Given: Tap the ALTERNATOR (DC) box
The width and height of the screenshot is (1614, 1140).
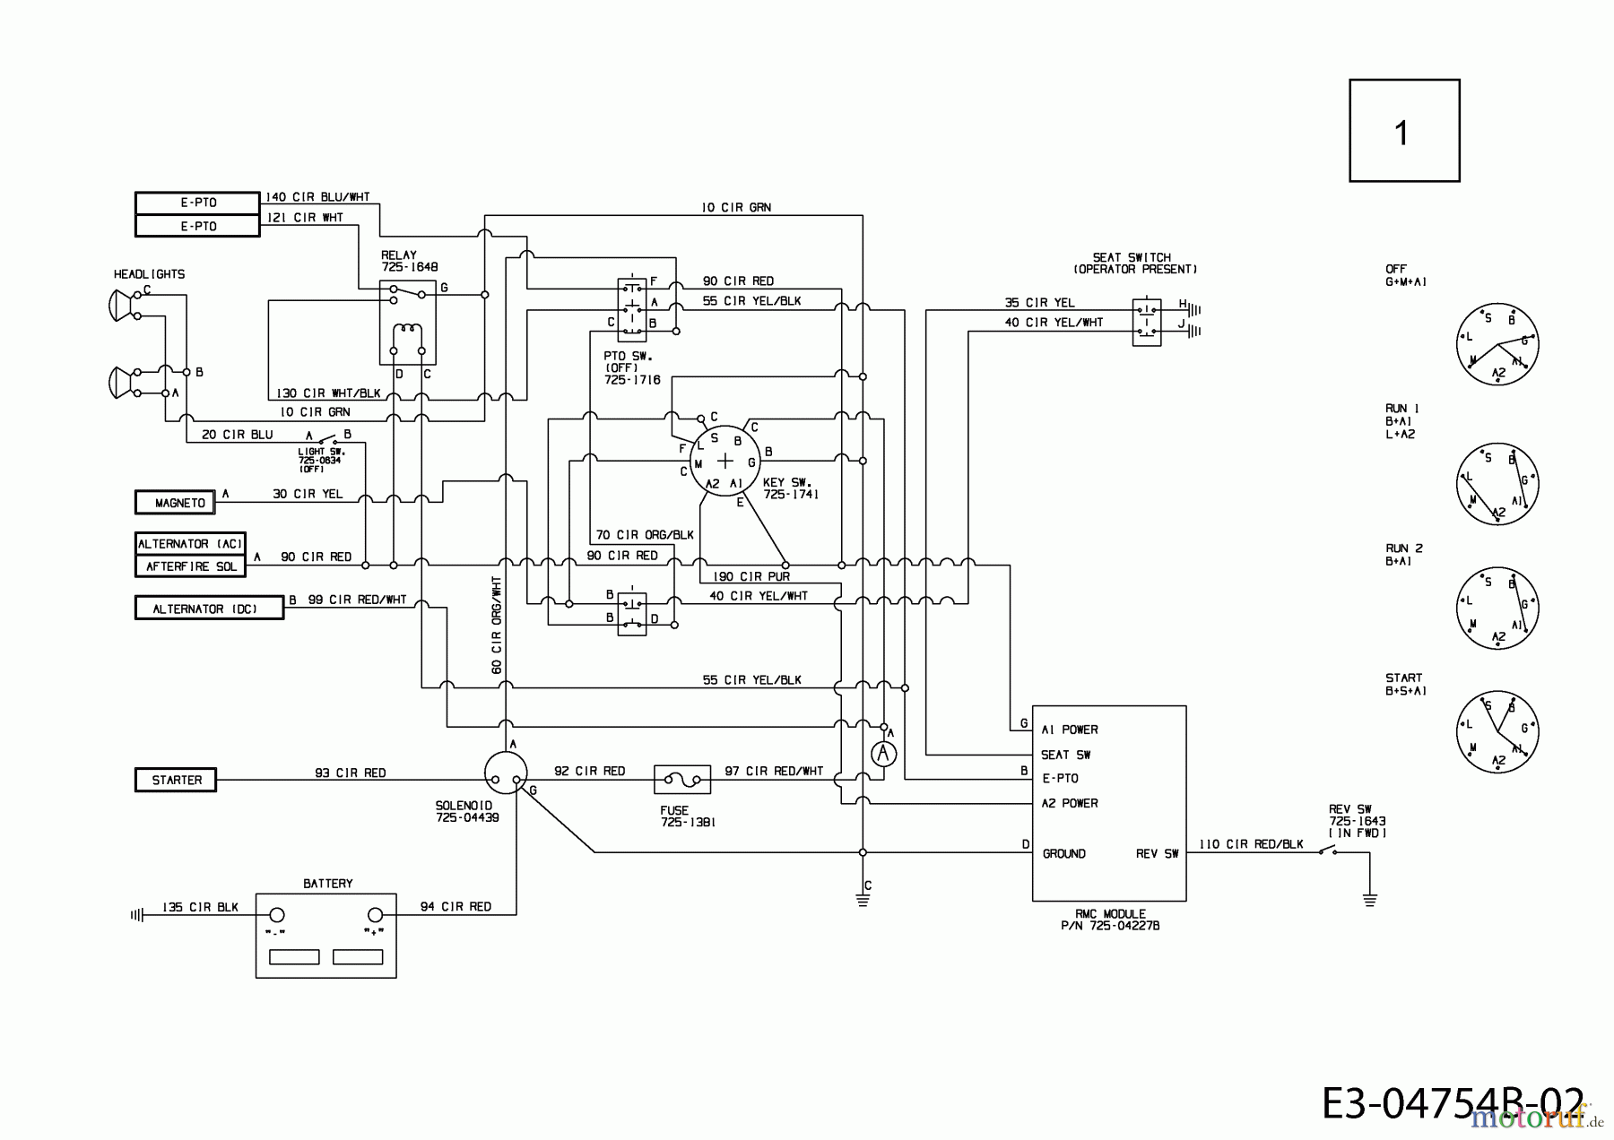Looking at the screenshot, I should click(208, 609).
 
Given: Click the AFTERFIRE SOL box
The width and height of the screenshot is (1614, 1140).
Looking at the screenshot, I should click(190, 566).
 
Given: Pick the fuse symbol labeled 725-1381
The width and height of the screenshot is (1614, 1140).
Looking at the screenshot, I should click(682, 780).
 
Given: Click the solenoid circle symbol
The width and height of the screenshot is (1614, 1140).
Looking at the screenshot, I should click(506, 773).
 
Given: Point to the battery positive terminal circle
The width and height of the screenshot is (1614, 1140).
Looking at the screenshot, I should click(376, 914).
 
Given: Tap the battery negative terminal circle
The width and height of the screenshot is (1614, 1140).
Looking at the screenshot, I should click(277, 914).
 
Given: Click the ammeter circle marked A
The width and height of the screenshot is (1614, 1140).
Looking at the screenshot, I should click(883, 754).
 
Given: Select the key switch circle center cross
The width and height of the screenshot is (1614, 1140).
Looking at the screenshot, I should click(725, 461).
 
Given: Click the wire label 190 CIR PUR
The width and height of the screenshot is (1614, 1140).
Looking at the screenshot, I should click(751, 576).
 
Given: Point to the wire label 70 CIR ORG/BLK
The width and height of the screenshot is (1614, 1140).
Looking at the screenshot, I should click(645, 535).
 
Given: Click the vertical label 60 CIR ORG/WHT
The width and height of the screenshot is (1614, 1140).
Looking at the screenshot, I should click(496, 625).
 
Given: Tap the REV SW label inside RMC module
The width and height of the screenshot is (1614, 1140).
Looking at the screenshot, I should click(1157, 854).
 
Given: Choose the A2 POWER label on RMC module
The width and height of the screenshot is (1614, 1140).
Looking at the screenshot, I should click(1069, 803).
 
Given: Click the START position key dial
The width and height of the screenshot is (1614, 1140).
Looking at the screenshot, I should click(1497, 732).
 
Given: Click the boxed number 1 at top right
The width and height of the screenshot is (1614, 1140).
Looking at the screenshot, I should click(1403, 131).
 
